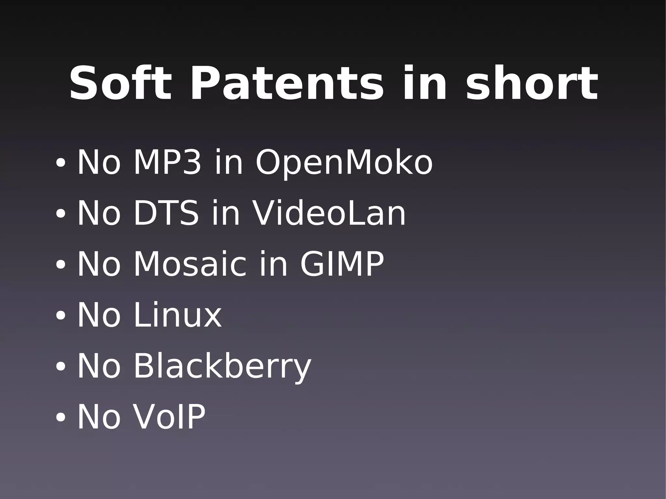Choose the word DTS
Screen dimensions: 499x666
(166, 213)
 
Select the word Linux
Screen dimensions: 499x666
(178, 315)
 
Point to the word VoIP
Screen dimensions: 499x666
(169, 417)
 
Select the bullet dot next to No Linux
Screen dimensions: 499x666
(60, 316)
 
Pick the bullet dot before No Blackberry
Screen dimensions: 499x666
(60, 367)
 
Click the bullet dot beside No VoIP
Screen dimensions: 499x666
(60, 417)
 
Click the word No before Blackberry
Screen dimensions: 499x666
(99, 366)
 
